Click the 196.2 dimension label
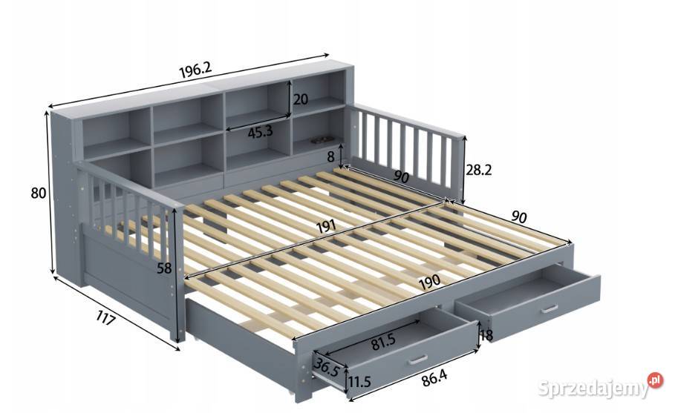tap(195, 70)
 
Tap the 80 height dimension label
tap(39, 193)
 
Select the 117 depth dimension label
tap(105, 320)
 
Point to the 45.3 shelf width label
tap(261, 132)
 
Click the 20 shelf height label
tap(301, 99)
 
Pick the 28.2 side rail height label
tap(479, 170)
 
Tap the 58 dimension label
tap(164, 268)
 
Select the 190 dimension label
tap(429, 281)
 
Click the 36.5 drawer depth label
tap(327, 367)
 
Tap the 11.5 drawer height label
tap(359, 382)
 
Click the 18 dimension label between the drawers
tap(486, 335)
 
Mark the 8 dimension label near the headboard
tap(330, 157)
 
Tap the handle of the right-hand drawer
tap(549, 309)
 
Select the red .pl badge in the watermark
tap(655, 380)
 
